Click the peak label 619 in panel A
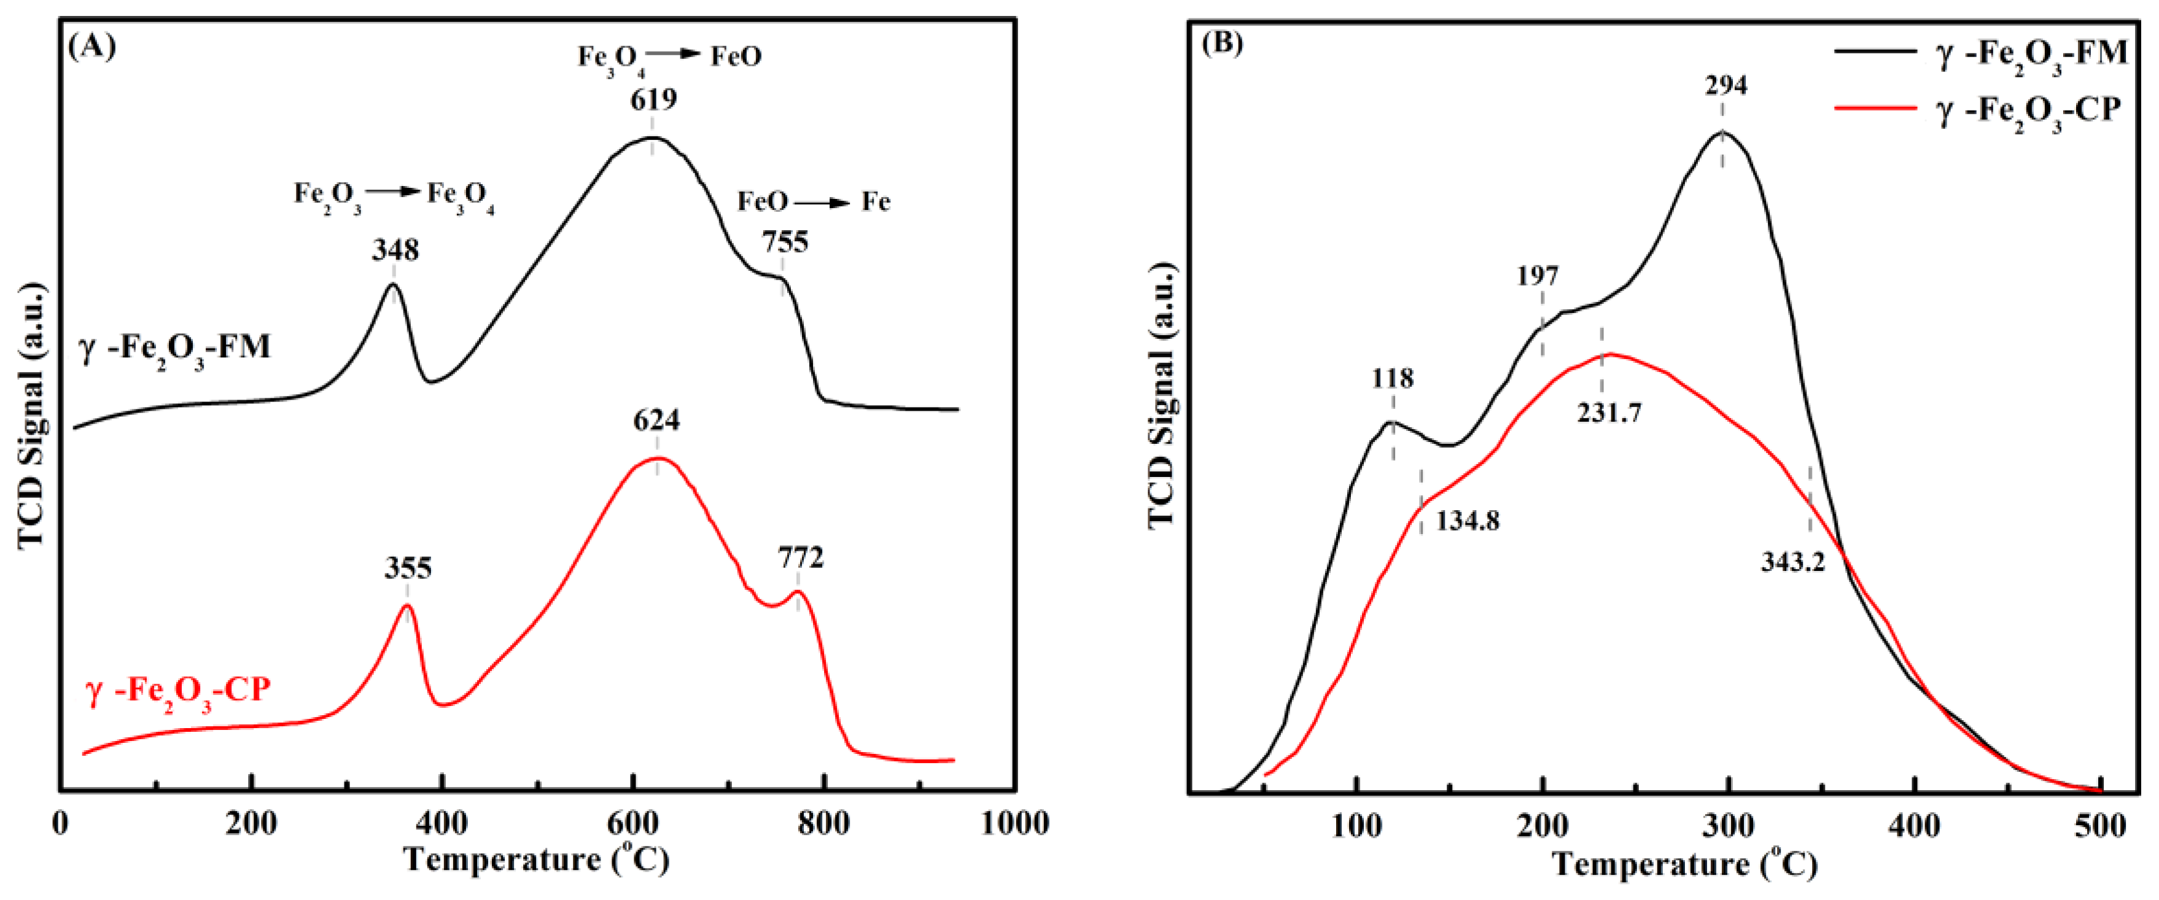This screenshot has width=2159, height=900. pos(653,99)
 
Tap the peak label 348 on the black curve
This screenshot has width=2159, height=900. pos(395,250)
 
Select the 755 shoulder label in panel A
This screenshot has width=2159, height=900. pos(785,242)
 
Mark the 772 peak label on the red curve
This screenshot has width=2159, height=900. pos(800,557)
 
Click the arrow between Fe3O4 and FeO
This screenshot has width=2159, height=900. pos(673,53)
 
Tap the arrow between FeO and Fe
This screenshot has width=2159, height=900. pos(822,203)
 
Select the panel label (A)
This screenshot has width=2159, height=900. pos(92,46)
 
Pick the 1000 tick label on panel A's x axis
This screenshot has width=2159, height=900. pos(1014,824)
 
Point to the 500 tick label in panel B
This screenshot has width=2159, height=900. pos(2100,826)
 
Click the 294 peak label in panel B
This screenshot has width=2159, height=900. pos(1725,85)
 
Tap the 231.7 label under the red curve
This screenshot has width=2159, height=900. pos(1609,413)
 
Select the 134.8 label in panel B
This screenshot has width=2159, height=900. pos(1468,521)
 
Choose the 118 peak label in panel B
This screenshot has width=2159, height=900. pos(1392,379)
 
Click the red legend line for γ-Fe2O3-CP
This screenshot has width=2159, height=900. pos(1875,108)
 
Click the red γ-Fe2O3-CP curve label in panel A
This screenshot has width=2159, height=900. pos(177,691)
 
